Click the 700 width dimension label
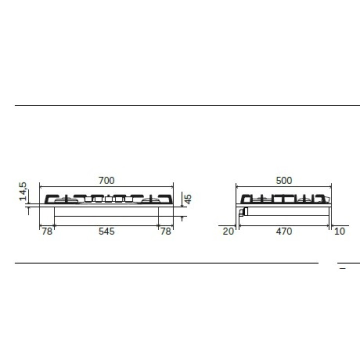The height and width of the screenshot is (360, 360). point(106,180)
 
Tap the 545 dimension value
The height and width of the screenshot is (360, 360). point(106,231)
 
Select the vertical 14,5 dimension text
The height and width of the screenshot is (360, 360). point(23,191)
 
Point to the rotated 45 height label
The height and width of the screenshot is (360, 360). point(188,199)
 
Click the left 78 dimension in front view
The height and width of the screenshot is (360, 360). point(47,231)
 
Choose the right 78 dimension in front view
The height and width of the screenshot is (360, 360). point(165,231)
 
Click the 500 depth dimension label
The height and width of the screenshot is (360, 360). point(284,180)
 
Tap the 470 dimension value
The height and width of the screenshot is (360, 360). point(284,231)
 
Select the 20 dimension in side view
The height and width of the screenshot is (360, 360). point(228,231)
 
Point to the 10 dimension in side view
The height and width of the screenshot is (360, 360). point(340,231)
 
